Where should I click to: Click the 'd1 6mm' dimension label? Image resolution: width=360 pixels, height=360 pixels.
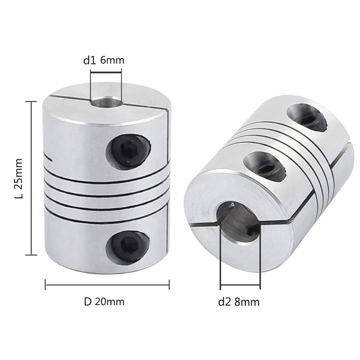click(x=103, y=60)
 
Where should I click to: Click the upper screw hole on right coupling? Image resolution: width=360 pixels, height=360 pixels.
click(x=307, y=117)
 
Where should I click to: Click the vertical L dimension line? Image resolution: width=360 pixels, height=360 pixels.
click(x=31, y=179)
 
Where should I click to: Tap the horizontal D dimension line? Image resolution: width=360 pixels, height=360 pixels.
click(x=107, y=284)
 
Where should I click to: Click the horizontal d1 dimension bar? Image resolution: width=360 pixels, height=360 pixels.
click(x=106, y=70)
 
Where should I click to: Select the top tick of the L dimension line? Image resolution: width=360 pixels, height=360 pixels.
click(x=31, y=102)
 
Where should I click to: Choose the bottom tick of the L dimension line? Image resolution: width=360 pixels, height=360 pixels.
click(x=31, y=255)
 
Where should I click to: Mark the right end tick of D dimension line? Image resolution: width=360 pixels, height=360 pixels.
click(x=169, y=284)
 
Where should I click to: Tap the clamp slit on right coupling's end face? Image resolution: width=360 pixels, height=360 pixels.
click(x=202, y=225)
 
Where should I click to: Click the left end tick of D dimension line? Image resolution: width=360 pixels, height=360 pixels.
click(x=45, y=284)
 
